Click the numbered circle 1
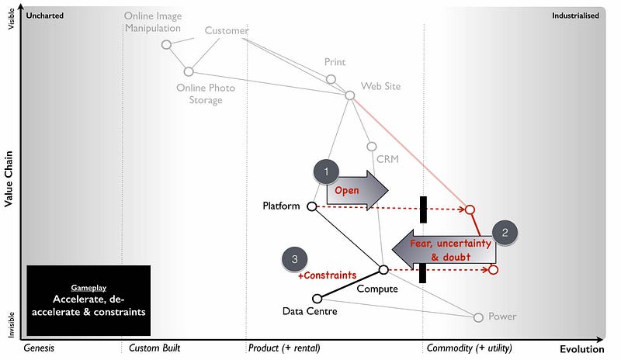[326, 171]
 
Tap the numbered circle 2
[505, 231]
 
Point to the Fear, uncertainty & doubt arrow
[442, 250]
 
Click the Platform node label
[281, 206]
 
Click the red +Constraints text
[327, 275]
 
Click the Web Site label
[380, 86]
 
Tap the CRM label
[387, 158]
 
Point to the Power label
[501, 317]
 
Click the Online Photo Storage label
[205, 94]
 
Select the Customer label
[227, 31]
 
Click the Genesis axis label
[39, 348]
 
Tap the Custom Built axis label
[154, 348]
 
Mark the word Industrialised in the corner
[575, 15]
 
